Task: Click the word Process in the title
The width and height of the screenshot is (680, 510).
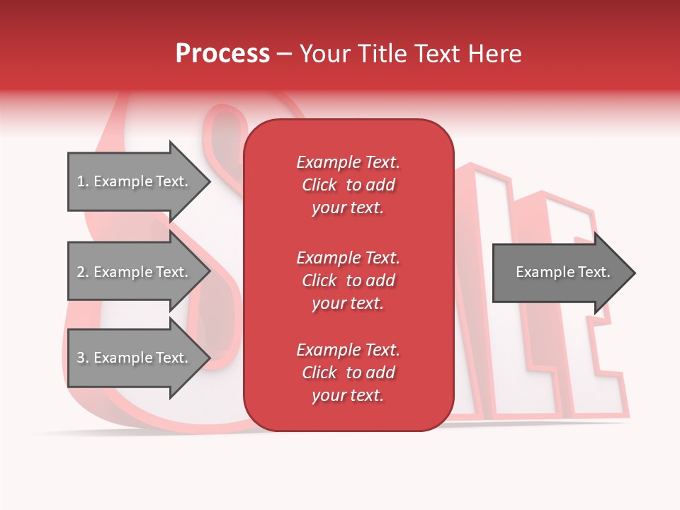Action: click(222, 54)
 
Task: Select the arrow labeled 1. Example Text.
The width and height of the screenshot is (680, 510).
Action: click(135, 181)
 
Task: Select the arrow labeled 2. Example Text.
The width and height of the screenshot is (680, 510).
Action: click(135, 272)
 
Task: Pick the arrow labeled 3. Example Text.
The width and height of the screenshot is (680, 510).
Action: click(135, 358)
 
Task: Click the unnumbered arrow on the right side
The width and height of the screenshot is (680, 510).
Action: click(560, 273)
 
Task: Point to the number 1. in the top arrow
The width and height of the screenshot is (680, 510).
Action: click(83, 181)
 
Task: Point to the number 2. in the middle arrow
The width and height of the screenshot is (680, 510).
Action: click(83, 272)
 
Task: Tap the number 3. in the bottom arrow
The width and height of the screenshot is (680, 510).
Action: click(83, 358)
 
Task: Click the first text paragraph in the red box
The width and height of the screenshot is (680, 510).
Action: click(348, 185)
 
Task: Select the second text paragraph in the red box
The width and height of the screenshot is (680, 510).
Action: click(348, 280)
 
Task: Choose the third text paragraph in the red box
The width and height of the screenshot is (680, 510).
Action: click(348, 373)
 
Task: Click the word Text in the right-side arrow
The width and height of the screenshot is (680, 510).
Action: click(594, 272)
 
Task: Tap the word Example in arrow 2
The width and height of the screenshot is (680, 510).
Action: click(123, 272)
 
